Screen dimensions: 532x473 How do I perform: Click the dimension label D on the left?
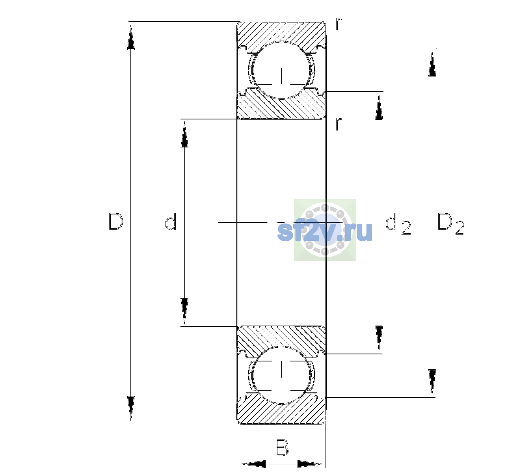click(116, 222)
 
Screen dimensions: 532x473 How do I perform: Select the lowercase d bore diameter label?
click(171, 221)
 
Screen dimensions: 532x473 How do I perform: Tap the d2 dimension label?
click(398, 223)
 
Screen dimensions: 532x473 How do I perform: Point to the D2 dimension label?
click(451, 223)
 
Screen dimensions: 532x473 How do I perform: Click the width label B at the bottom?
click(282, 447)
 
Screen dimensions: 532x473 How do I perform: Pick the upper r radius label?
click(339, 24)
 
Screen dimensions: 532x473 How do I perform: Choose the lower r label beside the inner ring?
click(339, 124)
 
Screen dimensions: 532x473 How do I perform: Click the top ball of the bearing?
click(281, 70)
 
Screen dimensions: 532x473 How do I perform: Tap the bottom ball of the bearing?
click(281, 375)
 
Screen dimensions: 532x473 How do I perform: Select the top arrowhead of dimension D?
click(131, 37)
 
